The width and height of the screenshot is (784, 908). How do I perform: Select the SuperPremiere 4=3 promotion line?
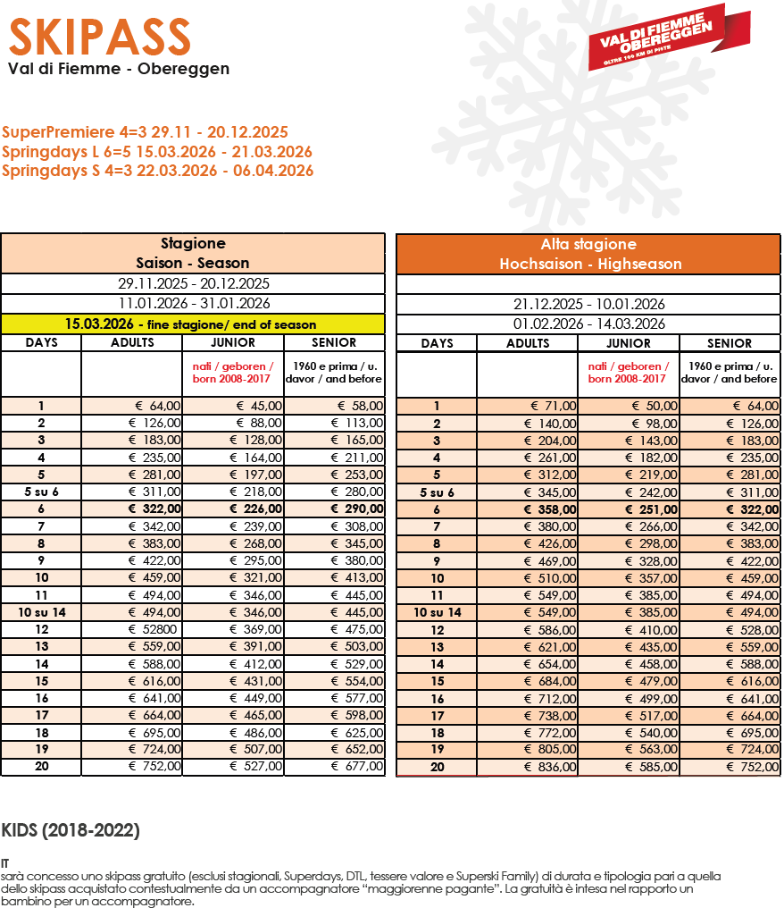[x=145, y=132]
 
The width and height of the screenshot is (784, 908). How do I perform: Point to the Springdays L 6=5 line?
[x=157, y=152]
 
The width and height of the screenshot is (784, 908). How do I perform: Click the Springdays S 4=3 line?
[x=157, y=171]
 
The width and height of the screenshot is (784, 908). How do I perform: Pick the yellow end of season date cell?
[x=192, y=324]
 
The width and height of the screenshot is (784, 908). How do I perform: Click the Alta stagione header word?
[x=588, y=244]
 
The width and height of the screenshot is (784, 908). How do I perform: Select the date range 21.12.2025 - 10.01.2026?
[x=588, y=304]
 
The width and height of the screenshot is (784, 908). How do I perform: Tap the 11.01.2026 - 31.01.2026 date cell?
[x=194, y=304]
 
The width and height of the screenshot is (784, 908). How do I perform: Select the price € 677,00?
[x=357, y=767]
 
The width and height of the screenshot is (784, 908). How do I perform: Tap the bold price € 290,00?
[x=357, y=509]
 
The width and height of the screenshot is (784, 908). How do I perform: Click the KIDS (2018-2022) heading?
[x=71, y=831]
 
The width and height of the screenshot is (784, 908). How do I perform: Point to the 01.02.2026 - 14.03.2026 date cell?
[x=588, y=324]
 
